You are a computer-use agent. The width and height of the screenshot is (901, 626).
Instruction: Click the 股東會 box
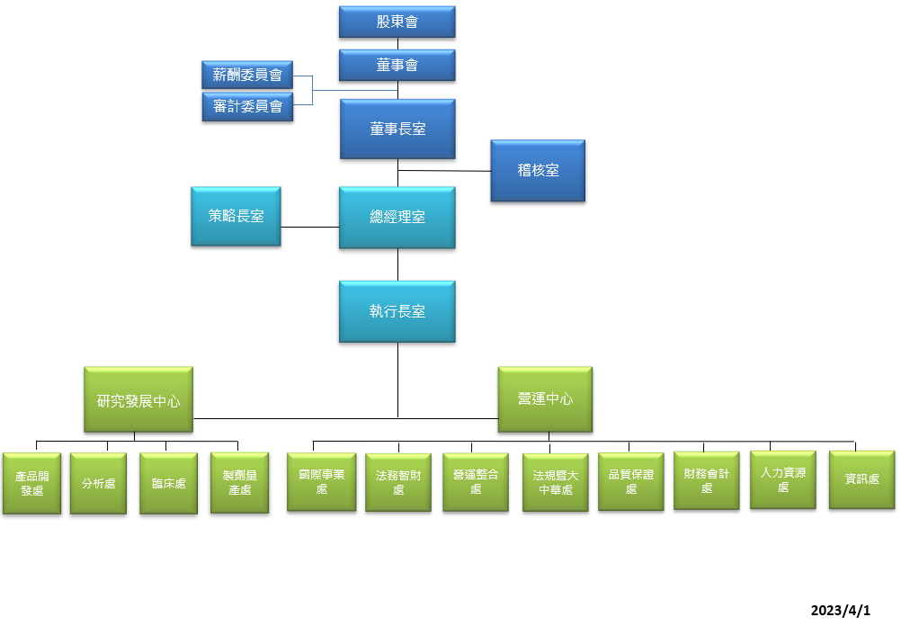tap(397, 22)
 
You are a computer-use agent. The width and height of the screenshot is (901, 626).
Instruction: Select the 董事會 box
tap(397, 65)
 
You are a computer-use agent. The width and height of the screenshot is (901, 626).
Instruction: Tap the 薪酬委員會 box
tap(247, 74)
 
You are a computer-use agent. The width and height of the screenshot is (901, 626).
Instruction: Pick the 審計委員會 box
tap(247, 106)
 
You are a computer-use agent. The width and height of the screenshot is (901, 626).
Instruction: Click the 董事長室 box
tap(397, 129)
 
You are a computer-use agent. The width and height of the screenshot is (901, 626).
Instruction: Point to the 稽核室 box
tap(538, 170)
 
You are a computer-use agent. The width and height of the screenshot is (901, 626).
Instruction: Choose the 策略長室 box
tap(236, 216)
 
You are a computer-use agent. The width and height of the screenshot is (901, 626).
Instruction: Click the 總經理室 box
tap(397, 217)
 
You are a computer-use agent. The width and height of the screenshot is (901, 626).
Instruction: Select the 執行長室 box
tap(397, 311)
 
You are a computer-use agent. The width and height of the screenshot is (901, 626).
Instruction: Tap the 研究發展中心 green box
tap(138, 399)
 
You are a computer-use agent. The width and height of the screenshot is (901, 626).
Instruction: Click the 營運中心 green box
tap(545, 398)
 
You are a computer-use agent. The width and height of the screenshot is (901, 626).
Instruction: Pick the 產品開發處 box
tap(31, 483)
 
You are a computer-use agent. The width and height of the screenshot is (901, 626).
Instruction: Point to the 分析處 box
tap(98, 483)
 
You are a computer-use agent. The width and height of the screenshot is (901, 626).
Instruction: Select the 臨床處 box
tap(168, 483)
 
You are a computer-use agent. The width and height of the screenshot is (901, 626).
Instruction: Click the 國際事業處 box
tap(321, 482)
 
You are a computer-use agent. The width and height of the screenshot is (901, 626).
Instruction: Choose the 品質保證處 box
tap(630, 481)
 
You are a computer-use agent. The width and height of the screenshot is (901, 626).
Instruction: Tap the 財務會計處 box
tap(706, 480)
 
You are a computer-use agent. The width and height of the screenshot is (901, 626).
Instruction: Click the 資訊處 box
tap(861, 479)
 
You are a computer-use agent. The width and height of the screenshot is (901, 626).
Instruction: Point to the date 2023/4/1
tap(840, 611)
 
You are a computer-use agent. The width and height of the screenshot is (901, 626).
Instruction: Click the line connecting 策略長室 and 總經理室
tap(309, 227)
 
